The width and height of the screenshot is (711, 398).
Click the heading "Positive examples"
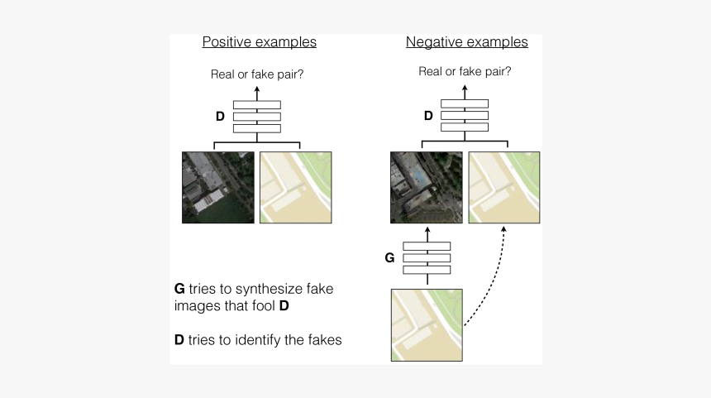[259, 42]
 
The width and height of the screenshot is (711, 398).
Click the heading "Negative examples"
[466, 42]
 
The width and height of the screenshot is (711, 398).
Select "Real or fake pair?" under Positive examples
[257, 75]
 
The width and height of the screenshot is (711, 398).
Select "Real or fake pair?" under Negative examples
[465, 71]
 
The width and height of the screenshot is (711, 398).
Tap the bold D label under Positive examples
[220, 117]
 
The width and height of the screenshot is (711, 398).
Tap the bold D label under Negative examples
[428, 116]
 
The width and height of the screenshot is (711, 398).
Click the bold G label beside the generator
[389, 258]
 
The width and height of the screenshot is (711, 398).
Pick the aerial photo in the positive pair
[218, 187]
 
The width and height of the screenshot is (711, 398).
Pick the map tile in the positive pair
[296, 187]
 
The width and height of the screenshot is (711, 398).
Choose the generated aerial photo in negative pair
[427, 187]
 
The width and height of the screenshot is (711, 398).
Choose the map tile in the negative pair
[504, 187]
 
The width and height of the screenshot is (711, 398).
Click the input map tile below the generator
[427, 324]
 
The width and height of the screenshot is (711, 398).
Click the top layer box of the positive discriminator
[257, 105]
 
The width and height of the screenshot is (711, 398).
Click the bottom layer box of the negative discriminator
[465, 127]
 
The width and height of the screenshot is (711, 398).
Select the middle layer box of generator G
[427, 258]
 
